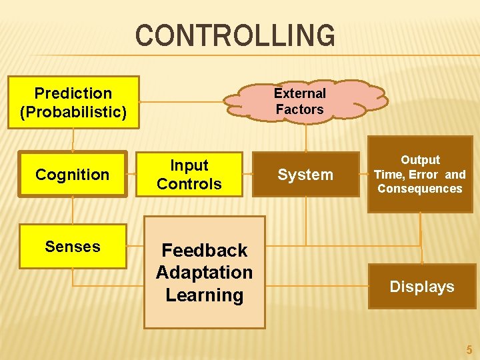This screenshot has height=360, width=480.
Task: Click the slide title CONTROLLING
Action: point(235,35)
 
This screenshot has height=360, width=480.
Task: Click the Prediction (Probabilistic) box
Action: point(73,102)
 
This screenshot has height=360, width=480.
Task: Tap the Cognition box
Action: point(73,175)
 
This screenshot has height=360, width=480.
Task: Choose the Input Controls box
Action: point(189,175)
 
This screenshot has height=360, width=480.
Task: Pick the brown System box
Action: point(305,175)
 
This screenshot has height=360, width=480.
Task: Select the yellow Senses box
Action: point(73,247)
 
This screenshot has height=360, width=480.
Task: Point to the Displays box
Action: point(422,287)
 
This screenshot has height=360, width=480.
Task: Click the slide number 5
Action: point(469,349)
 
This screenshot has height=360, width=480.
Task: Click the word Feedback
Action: point(205,251)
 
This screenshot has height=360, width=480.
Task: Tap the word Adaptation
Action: point(205,273)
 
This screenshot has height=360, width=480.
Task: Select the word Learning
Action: point(205,295)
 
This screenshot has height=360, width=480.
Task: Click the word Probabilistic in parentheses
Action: point(73,111)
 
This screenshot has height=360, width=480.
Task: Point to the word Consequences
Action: point(420,189)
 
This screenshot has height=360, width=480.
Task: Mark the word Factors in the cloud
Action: point(300,109)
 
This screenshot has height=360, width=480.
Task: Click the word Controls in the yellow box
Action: point(189,183)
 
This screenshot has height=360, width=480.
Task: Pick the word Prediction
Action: point(73,93)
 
